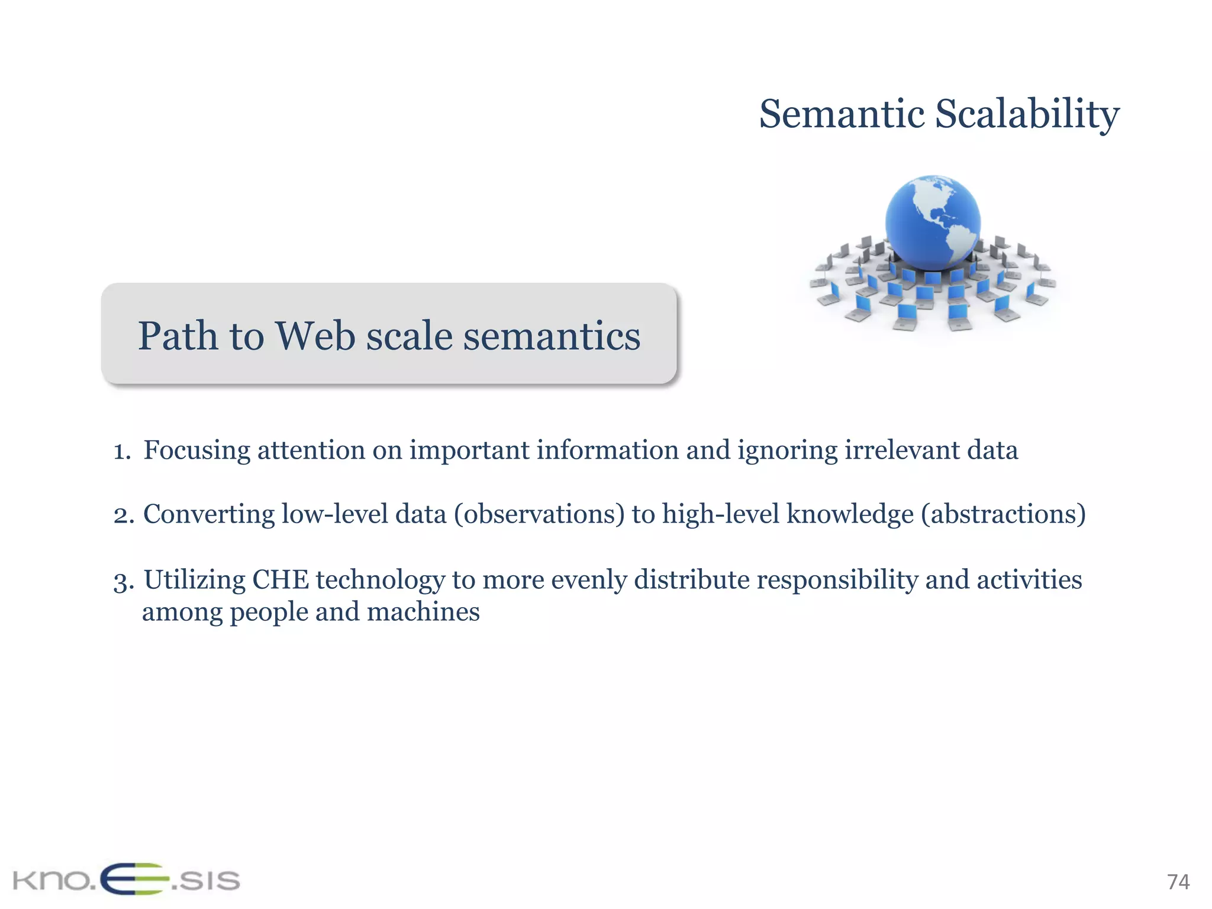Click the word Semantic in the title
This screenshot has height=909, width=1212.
tap(842, 114)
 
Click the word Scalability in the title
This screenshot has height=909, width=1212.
tap(1027, 114)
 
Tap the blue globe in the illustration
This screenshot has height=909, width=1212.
tap(932, 222)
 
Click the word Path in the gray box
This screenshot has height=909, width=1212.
tap(178, 336)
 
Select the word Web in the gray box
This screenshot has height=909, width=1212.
tap(315, 336)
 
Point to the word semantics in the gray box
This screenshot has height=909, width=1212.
tap(551, 336)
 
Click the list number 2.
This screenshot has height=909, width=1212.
tap(123, 515)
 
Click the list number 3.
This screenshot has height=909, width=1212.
tap(123, 581)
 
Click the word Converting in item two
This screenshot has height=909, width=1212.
tap(208, 514)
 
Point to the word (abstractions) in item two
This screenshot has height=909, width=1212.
tap(1003, 514)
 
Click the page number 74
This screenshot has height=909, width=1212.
tap(1178, 882)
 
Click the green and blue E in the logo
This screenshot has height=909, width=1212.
tap(135, 879)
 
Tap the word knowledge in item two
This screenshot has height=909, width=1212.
tap(850, 514)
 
